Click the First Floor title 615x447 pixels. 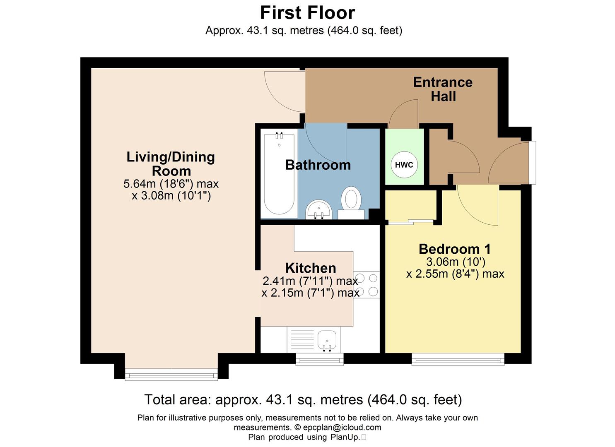point(307,13)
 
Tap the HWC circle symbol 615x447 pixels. point(404,165)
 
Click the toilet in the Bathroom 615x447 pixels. point(351,201)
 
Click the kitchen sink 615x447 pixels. point(327,341)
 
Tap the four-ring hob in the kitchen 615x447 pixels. point(367,285)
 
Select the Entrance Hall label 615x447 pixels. point(443,89)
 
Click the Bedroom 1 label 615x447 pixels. point(455,249)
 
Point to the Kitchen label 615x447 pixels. point(311,268)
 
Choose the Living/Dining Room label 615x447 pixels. point(171,163)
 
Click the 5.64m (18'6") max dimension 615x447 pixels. point(171,184)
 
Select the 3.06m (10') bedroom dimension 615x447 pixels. point(455,262)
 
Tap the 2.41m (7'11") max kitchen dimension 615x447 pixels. point(310,281)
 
